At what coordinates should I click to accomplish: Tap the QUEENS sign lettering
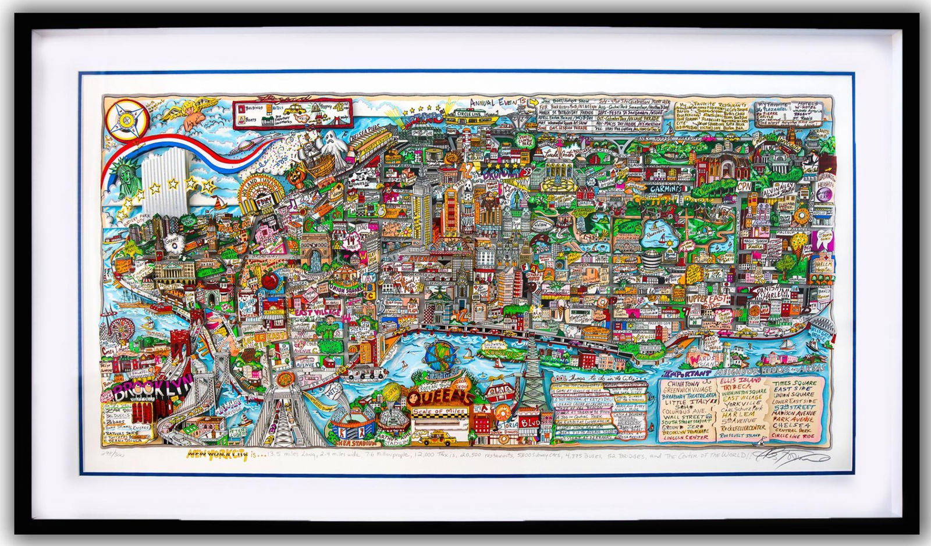click(x=440, y=398)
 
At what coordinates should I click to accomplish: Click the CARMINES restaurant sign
click(x=666, y=189)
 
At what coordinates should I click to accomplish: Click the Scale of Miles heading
click(x=439, y=412)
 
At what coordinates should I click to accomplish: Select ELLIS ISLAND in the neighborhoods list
click(x=741, y=380)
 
